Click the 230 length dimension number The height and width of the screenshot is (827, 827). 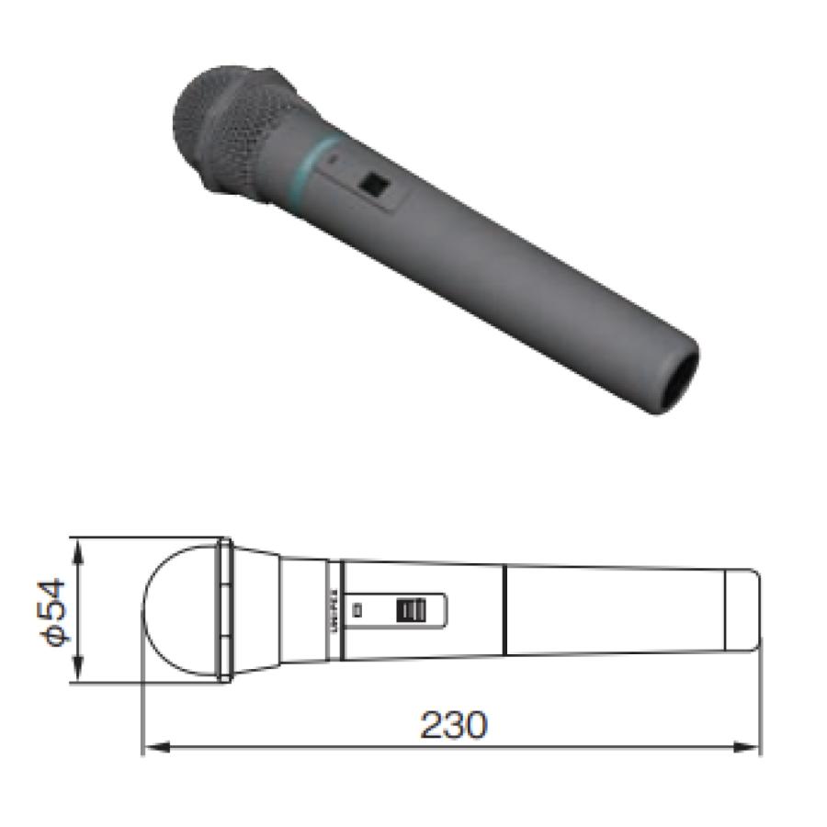pos(454,726)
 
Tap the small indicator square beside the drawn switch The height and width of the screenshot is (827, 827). pos(359,608)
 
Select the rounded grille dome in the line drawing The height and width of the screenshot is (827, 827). pos(179,611)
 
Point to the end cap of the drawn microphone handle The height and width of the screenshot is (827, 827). pos(743,611)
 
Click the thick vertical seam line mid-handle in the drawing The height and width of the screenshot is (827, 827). pos(504,610)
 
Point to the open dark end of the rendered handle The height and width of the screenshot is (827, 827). pos(677,378)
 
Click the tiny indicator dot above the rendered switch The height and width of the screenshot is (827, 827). pos(334,158)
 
